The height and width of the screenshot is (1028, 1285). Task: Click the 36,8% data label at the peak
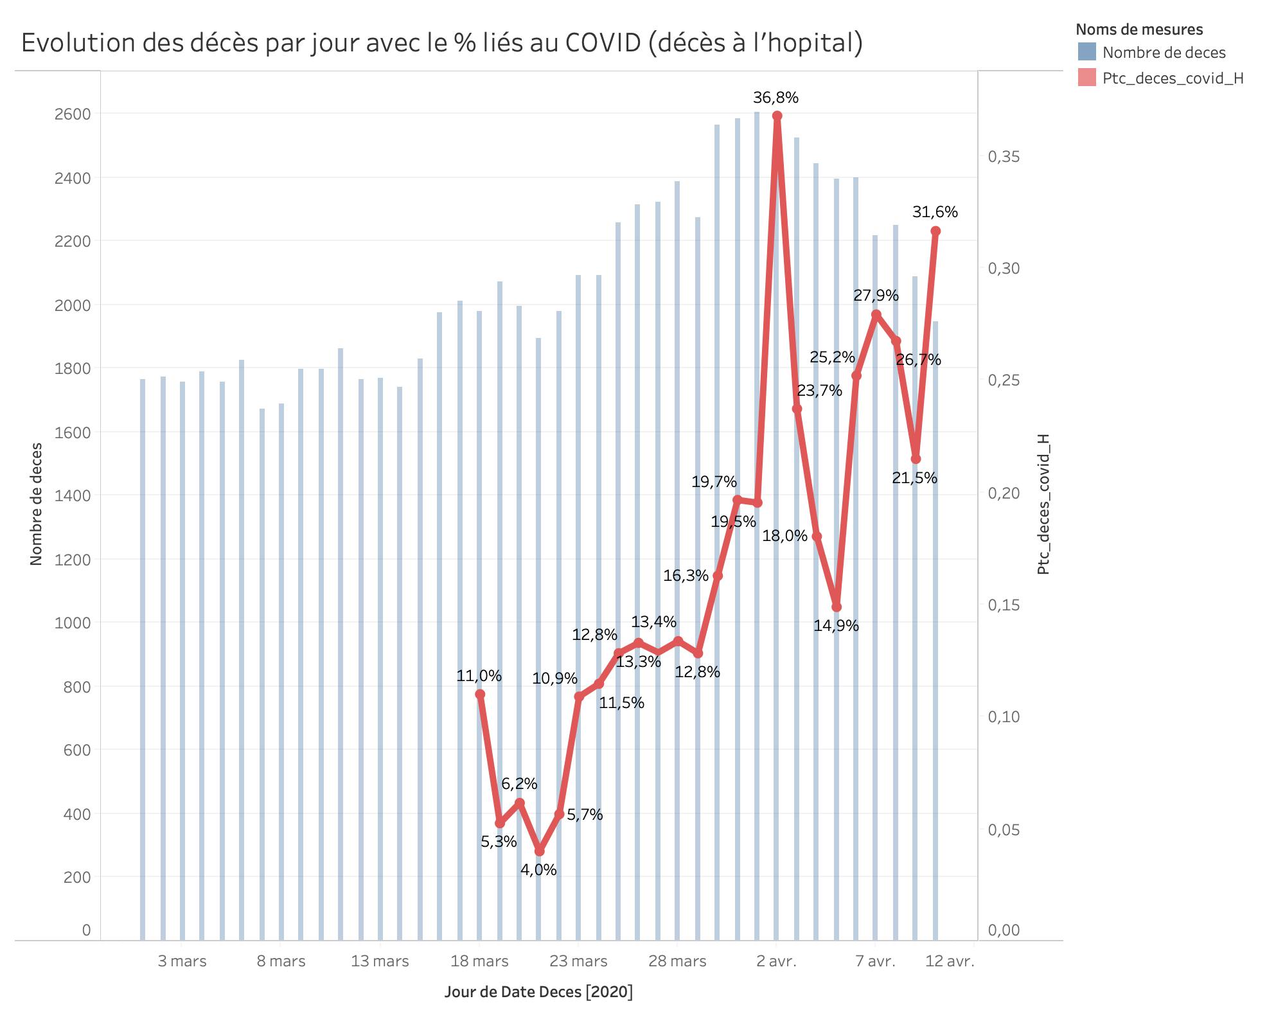775,98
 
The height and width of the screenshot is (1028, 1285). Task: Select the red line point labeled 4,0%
539,851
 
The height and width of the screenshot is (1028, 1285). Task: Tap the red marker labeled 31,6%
935,231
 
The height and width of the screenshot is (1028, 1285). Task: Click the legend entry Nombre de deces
1164,53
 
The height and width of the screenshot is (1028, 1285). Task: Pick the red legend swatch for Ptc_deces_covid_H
1087,78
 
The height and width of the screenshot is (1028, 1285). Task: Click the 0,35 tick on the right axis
1004,157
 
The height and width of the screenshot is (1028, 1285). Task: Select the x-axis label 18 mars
479,961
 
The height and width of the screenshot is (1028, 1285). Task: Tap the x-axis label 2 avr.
776,961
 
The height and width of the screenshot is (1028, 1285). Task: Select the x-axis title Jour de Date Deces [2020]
538,991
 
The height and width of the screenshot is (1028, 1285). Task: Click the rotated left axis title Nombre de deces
36,504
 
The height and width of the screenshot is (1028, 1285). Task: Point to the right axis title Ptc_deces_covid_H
1043,504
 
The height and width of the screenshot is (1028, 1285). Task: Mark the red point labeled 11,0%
480,694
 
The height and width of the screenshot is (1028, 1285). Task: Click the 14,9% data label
836,625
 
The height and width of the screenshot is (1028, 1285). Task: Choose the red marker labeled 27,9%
876,314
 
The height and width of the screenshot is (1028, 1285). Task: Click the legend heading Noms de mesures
1139,30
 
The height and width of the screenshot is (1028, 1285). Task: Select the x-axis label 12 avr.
950,961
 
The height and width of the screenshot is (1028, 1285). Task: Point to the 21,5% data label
914,477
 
